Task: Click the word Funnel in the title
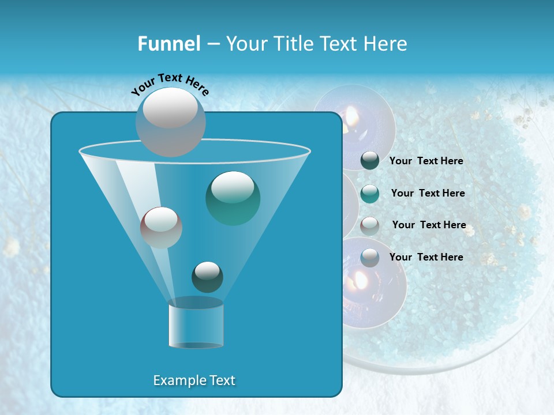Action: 169,44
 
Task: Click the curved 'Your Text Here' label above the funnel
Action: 170,84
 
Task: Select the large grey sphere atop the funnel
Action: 171,122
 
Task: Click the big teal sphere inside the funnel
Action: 233,198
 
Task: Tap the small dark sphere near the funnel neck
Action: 207,277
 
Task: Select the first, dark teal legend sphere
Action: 370,161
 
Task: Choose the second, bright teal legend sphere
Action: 370,193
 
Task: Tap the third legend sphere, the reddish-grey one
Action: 370,225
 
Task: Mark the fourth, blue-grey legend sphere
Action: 370,257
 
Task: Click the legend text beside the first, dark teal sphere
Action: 426,161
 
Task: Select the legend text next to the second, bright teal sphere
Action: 428,193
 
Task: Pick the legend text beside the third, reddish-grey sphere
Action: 429,225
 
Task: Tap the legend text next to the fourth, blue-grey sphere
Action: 426,257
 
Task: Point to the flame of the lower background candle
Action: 360,281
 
